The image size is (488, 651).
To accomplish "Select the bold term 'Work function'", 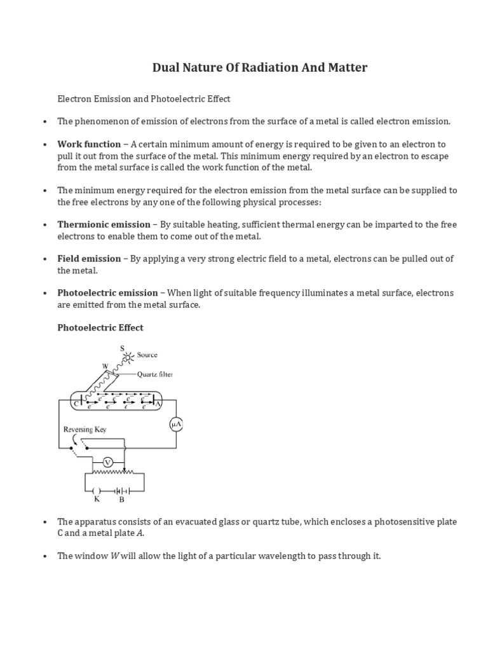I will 89,144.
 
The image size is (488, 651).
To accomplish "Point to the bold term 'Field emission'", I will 89,259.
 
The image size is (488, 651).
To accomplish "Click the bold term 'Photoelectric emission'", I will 107,293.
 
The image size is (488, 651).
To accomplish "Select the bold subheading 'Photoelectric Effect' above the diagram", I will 100,327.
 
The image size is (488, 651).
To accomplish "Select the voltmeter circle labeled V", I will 108,462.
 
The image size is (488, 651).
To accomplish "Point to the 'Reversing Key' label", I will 85,430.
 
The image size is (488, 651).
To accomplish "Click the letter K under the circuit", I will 97,500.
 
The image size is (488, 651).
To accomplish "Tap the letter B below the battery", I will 121,500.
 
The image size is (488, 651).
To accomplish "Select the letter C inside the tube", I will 76,403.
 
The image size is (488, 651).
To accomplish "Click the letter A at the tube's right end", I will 158,403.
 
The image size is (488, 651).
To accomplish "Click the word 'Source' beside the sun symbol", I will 147,355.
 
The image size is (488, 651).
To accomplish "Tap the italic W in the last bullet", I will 115,556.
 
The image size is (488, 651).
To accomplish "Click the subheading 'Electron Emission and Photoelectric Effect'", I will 144,99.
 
